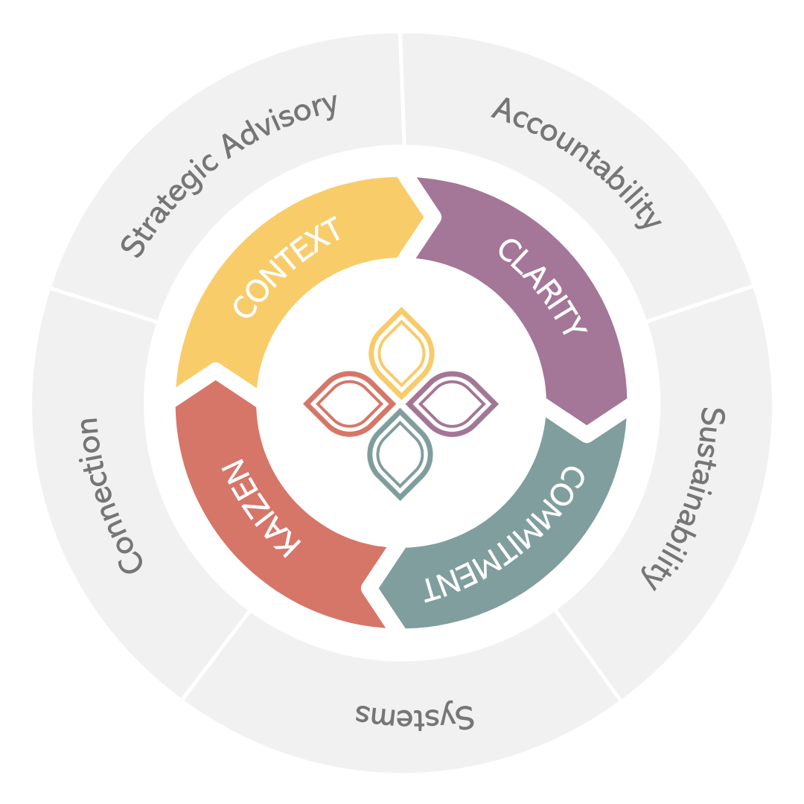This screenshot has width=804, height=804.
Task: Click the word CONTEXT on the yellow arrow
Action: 287,268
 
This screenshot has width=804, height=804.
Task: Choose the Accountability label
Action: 576,161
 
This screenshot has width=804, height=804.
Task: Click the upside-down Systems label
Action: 414,715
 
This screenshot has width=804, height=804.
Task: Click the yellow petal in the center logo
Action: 402,351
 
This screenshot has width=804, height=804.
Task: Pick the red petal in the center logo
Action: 347,403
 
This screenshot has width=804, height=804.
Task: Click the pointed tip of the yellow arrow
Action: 423,217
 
